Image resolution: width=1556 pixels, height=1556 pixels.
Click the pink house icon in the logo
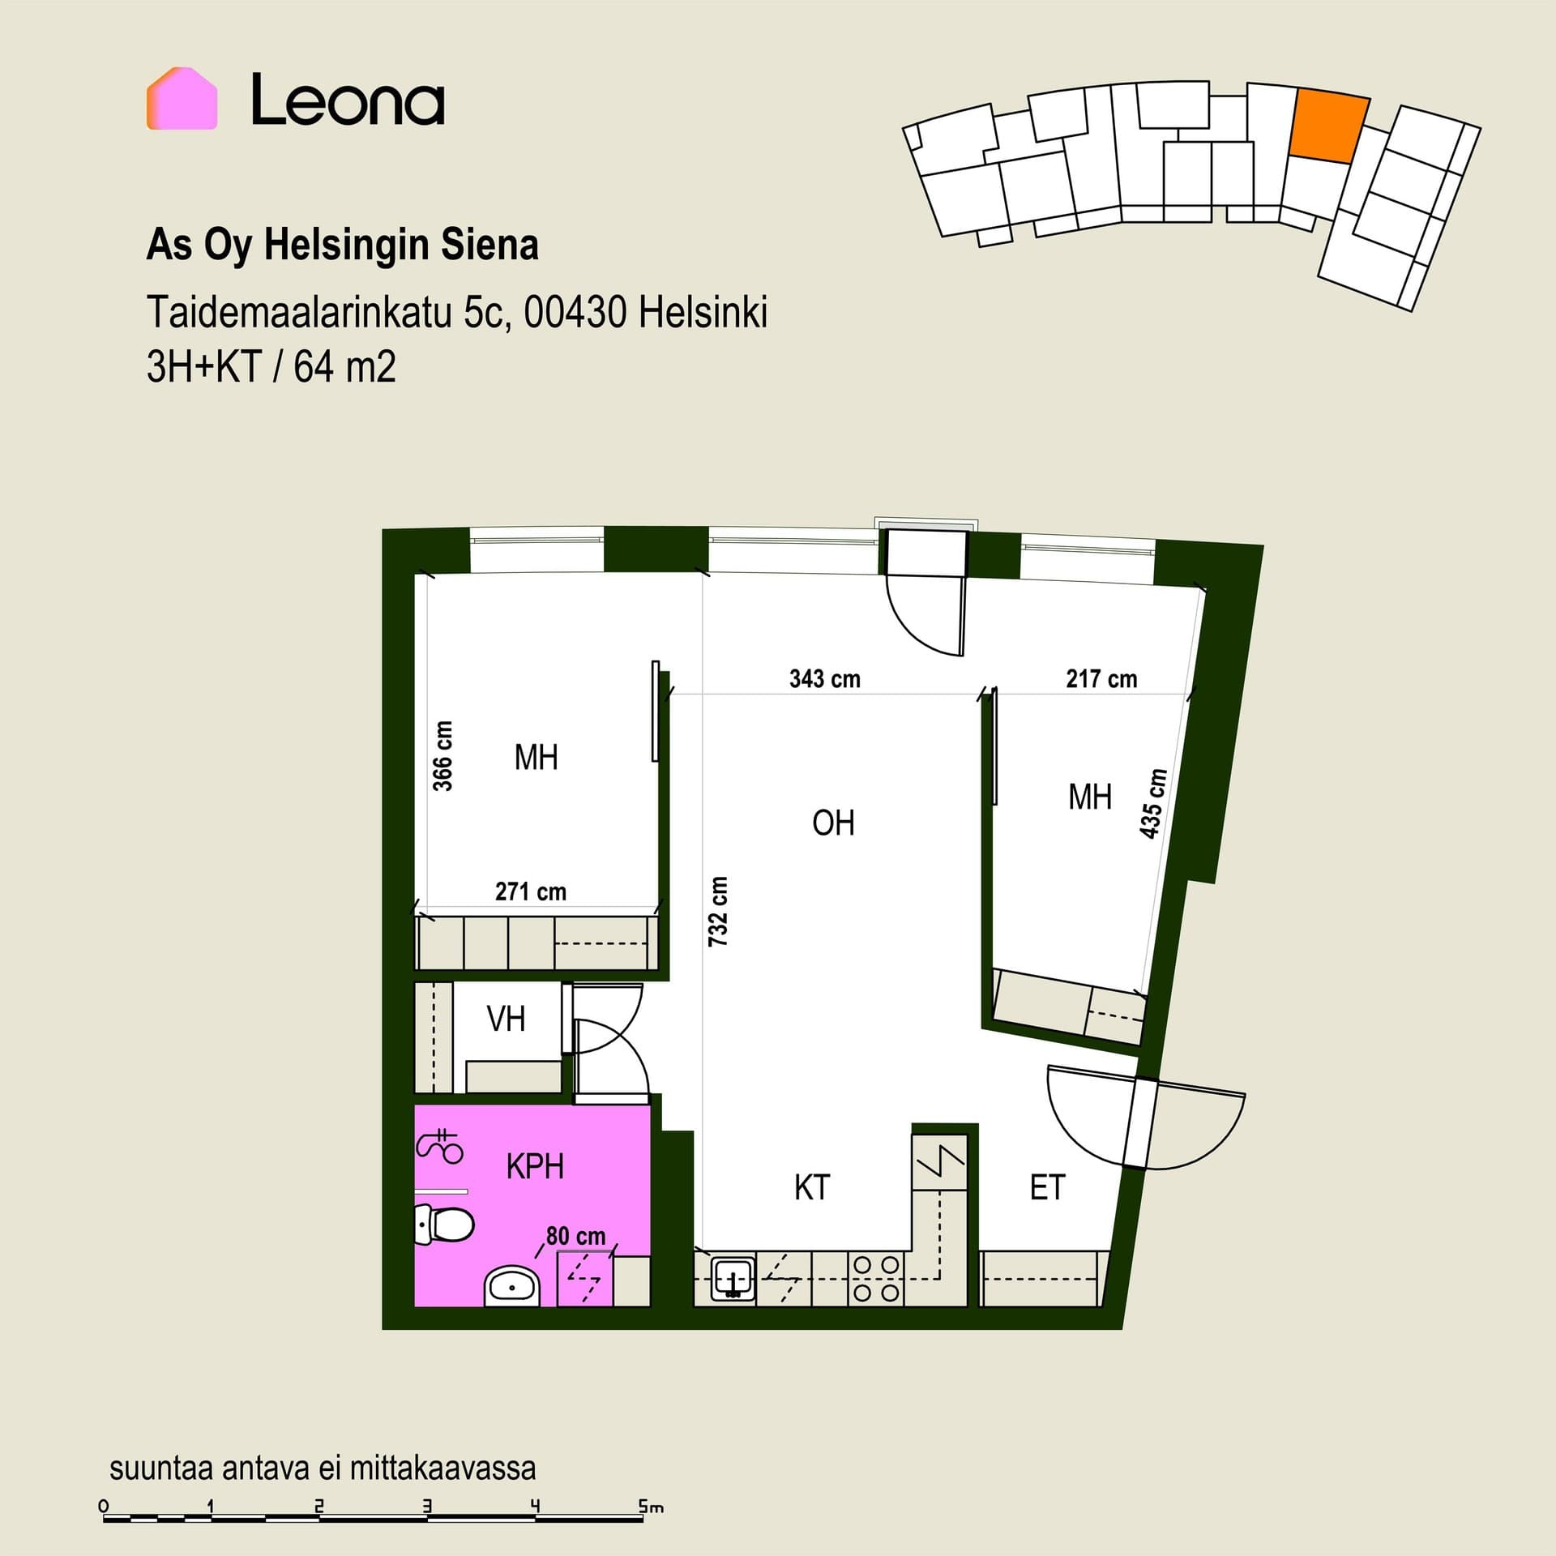tap(182, 98)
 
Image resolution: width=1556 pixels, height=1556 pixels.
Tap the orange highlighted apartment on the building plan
tap(1328, 126)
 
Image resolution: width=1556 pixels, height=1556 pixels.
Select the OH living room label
tap(833, 823)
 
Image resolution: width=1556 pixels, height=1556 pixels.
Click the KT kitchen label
tap(812, 1187)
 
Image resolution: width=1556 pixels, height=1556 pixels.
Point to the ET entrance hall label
tap(1047, 1187)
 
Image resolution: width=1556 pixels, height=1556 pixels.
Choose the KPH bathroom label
tap(535, 1166)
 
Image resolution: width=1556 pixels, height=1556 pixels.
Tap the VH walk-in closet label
tap(506, 1019)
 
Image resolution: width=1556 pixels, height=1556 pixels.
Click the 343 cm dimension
tap(825, 678)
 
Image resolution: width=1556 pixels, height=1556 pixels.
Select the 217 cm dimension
tap(1101, 678)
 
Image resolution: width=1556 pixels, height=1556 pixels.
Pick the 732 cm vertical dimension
tap(718, 911)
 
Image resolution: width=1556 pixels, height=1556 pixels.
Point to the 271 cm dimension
tap(531, 891)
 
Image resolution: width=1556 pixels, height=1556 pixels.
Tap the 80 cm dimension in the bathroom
tap(575, 1236)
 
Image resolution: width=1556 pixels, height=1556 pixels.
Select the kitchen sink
tap(733, 1279)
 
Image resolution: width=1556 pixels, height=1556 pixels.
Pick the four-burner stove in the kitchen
tap(876, 1279)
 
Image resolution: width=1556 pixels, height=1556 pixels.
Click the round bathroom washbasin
tap(512, 1286)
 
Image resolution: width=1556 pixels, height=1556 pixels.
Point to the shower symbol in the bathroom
tap(439, 1145)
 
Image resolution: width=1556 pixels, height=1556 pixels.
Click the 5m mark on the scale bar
tap(650, 1507)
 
